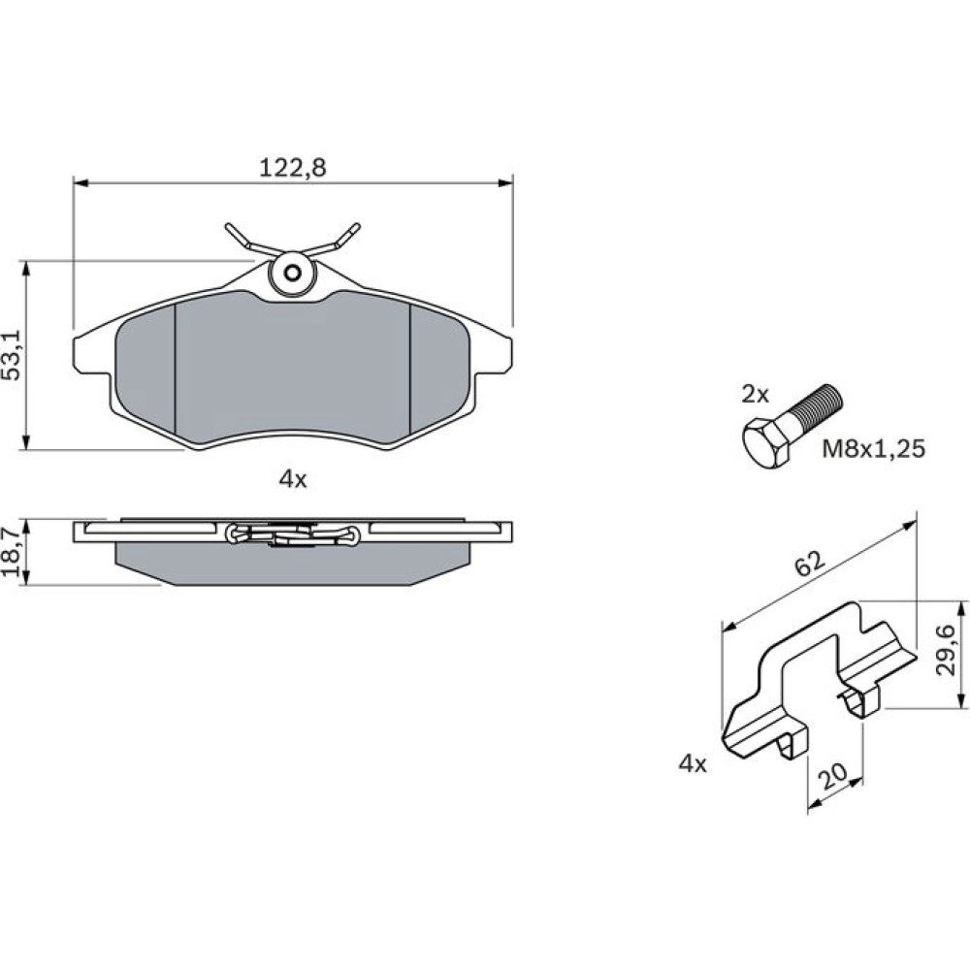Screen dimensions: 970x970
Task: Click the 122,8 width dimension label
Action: coord(292,168)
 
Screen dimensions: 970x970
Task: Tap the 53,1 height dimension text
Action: coord(14,354)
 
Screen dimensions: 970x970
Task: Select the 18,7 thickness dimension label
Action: coord(14,552)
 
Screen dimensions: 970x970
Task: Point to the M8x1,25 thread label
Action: coord(873,448)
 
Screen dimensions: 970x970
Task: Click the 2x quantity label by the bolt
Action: coord(755,394)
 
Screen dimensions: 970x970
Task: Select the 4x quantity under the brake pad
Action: coord(293,479)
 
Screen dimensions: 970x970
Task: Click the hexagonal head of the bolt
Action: coord(766,441)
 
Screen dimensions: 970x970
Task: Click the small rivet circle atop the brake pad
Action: coord(293,273)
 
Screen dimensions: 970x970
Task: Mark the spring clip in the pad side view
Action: coord(293,533)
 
